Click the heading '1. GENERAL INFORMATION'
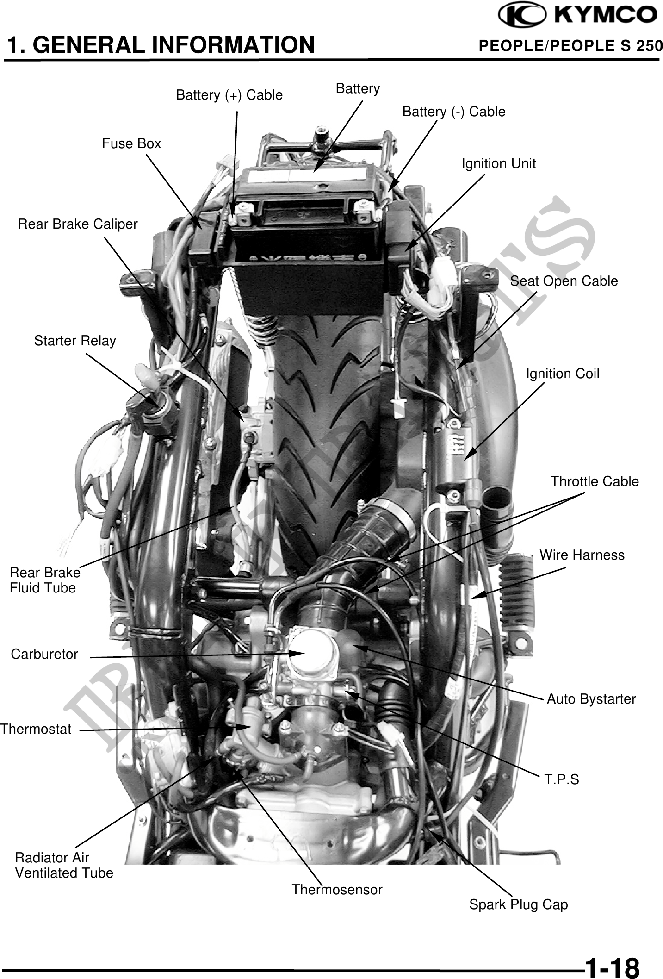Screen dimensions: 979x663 tap(160, 45)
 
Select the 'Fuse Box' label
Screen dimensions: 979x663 tap(131, 143)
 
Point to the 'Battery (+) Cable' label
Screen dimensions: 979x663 tap(229, 95)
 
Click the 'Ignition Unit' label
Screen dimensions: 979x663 tap(498, 163)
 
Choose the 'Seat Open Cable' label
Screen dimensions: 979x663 tap(564, 281)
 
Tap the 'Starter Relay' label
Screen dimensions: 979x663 tap(75, 341)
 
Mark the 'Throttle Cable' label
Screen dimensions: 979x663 tap(594, 481)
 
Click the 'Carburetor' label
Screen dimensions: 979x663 tap(44, 654)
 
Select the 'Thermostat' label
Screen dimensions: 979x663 tap(36, 729)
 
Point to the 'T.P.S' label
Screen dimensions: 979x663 tap(561, 779)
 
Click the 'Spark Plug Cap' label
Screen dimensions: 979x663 tap(518, 904)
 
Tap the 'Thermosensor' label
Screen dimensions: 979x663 tap(337, 889)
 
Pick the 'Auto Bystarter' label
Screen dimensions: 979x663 tap(591, 698)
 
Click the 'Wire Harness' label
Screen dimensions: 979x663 tap(582, 555)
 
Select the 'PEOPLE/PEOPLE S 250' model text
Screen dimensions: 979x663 tap(570, 46)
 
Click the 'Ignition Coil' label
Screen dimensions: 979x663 tap(562, 374)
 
